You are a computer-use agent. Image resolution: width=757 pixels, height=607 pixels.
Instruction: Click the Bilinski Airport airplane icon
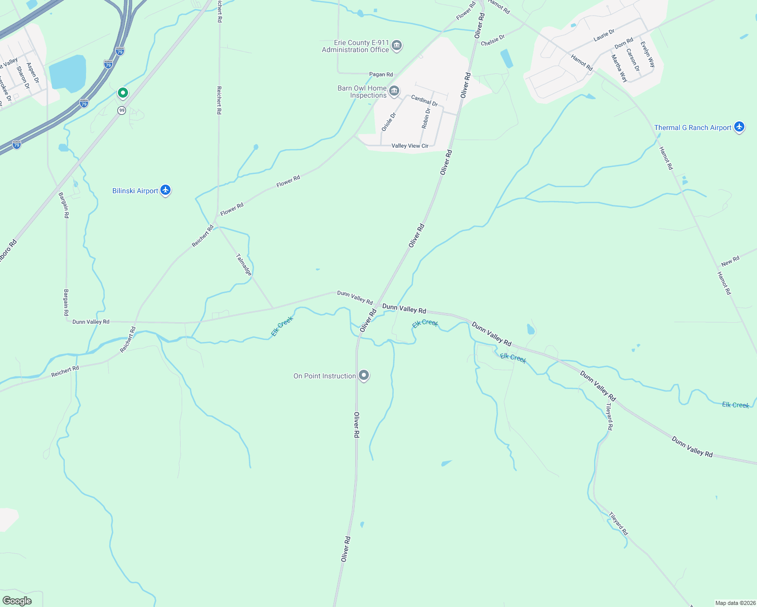165,190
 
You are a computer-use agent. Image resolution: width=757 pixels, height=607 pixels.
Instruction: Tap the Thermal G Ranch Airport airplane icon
739,127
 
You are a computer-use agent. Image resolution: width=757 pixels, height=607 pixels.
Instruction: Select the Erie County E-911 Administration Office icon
397,46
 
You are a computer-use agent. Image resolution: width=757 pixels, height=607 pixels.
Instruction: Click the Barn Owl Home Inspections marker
394,92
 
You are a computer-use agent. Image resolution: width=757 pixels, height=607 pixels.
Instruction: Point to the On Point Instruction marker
364,375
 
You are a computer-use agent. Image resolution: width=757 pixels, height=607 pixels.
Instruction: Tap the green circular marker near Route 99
122,93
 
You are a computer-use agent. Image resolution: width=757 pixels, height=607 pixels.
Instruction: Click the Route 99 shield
121,110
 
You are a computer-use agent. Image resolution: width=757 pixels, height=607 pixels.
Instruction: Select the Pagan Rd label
381,74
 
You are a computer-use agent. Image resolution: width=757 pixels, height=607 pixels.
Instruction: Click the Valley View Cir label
410,146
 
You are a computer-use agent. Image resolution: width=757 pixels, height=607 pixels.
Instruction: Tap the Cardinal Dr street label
424,100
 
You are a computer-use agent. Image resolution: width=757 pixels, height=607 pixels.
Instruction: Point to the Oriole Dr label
389,122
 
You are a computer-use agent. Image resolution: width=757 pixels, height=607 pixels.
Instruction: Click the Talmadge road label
244,265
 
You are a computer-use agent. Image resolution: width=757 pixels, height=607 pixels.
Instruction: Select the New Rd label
730,261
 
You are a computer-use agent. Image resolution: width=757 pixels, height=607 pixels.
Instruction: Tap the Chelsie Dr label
492,40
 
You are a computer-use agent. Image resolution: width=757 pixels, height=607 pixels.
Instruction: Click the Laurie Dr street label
604,35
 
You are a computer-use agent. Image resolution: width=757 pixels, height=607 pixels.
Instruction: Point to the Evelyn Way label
648,54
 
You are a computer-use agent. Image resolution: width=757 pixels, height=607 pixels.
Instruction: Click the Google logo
17,601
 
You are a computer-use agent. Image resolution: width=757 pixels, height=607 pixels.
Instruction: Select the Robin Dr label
426,118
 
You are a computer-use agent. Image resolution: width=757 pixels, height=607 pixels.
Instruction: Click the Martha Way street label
619,68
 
